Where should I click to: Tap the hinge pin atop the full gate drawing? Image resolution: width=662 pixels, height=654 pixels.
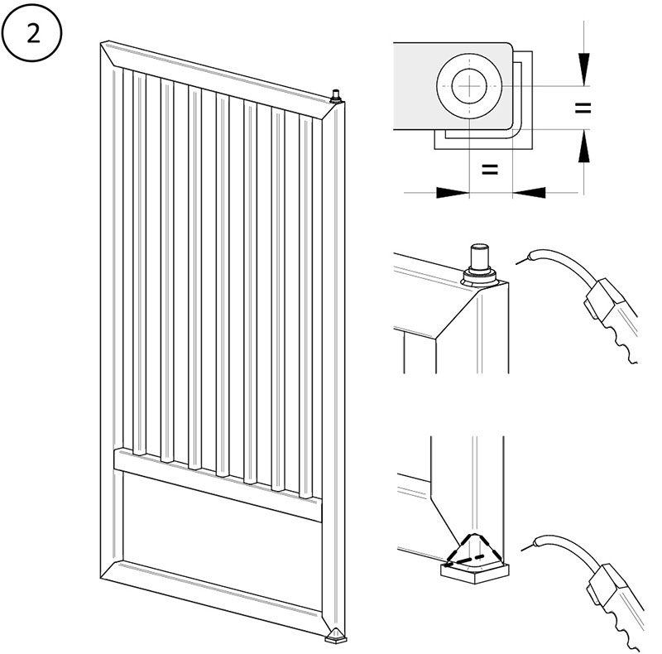(x=336, y=96)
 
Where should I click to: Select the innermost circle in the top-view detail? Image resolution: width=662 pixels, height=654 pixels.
(x=469, y=85)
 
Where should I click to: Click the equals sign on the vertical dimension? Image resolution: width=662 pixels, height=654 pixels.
(x=583, y=108)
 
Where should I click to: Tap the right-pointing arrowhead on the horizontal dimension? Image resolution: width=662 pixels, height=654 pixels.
(x=452, y=192)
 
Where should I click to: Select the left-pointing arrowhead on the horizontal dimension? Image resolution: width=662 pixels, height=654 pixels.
(x=530, y=192)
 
